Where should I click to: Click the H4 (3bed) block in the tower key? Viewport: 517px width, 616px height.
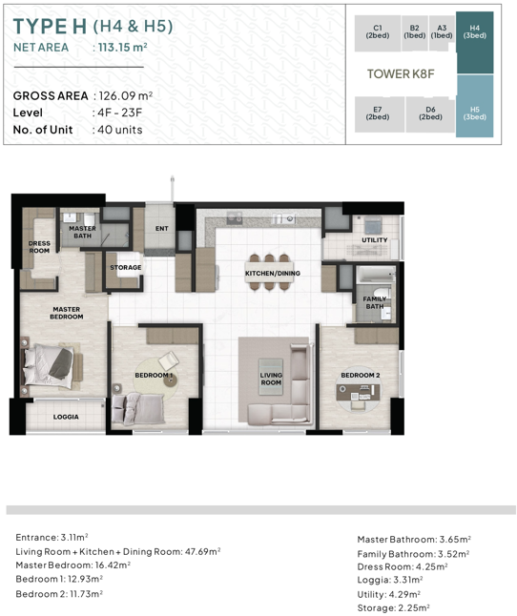pos(475,42)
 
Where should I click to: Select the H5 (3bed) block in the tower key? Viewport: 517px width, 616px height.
pos(475,106)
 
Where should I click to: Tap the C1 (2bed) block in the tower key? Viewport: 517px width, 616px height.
pos(378,33)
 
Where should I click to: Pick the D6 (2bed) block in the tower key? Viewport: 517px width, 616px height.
pos(430,114)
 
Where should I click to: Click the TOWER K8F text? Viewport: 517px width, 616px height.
pos(401,73)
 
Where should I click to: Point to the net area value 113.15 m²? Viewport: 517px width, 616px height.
pos(122,47)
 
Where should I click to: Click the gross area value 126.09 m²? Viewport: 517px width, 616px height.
pos(125,96)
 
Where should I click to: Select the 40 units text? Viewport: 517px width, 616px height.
pos(120,130)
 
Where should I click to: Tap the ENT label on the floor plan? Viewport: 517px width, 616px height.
pos(162,228)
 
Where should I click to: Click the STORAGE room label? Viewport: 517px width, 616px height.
pos(126,268)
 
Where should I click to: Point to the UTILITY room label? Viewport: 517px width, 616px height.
pos(375,240)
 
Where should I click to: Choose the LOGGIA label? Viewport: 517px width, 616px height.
pos(66,417)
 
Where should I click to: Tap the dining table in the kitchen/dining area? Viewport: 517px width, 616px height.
pos(270,273)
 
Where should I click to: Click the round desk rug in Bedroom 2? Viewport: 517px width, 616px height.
pos(359,391)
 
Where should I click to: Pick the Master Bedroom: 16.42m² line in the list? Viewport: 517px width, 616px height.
pos(73,565)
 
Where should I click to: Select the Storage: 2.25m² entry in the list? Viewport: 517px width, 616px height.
pos(393,608)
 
